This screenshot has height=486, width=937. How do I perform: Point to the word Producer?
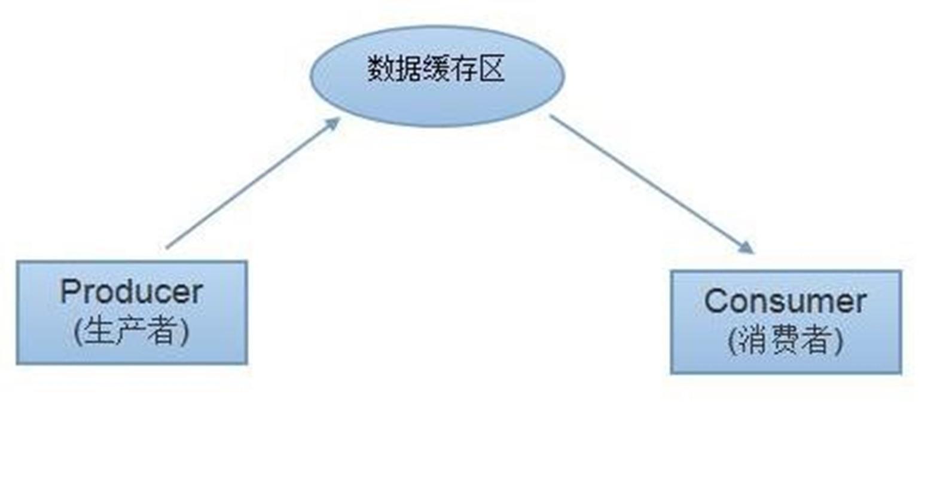coord(132,292)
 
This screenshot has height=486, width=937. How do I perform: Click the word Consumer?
coord(785,301)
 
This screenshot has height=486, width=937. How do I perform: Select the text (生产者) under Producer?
coord(132,331)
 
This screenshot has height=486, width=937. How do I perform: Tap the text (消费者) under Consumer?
coord(785,340)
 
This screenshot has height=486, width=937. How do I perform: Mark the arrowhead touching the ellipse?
coord(332,124)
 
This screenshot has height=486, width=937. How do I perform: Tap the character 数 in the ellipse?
coord(380,69)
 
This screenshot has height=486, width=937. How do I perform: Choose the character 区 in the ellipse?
coord(492,69)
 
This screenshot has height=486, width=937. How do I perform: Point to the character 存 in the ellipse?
coord(464,69)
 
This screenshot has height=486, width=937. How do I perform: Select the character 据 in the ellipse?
coord(408,69)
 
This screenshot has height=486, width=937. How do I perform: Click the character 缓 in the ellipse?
coord(436,69)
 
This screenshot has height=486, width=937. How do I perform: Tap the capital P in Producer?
coord(69,292)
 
